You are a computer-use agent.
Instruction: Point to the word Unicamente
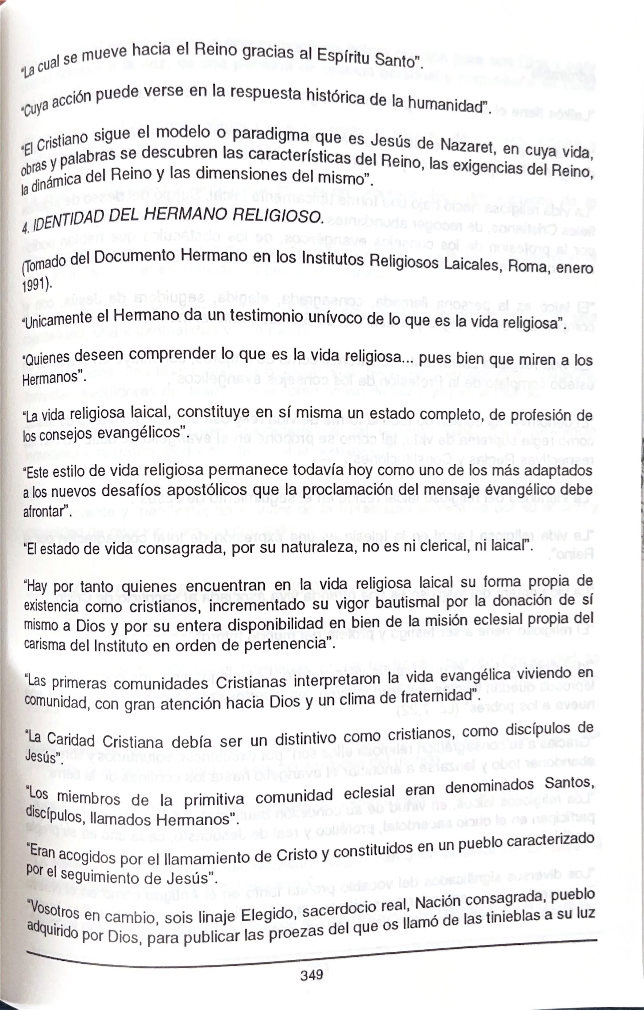point(58,321)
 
